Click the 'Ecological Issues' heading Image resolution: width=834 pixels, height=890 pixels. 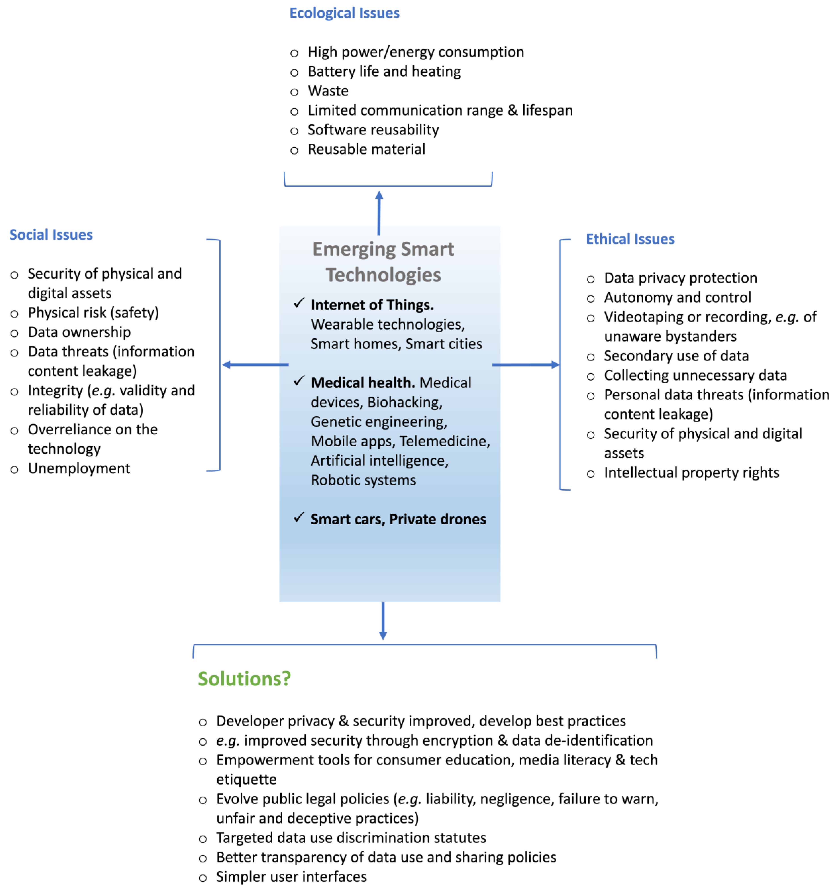tap(344, 13)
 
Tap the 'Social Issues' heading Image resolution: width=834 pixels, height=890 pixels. tap(51, 235)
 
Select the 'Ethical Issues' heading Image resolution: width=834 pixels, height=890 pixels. tap(630, 239)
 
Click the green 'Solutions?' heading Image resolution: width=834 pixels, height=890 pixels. tap(244, 679)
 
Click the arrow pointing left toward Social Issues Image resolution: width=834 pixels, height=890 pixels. tap(255, 364)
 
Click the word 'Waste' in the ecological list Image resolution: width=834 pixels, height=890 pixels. tap(328, 91)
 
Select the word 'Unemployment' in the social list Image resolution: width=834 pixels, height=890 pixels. tap(79, 468)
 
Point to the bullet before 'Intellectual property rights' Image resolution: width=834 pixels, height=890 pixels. tap(591, 474)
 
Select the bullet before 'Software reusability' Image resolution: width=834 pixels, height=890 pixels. tap(294, 131)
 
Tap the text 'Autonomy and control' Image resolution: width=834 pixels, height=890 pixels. tap(677, 297)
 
